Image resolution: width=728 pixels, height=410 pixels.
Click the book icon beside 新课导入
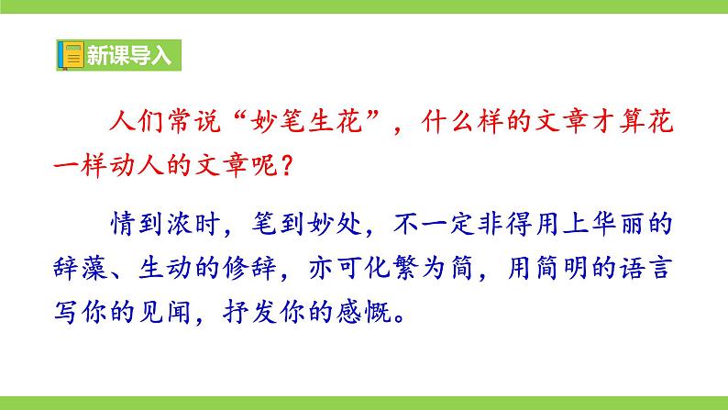[70, 55]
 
